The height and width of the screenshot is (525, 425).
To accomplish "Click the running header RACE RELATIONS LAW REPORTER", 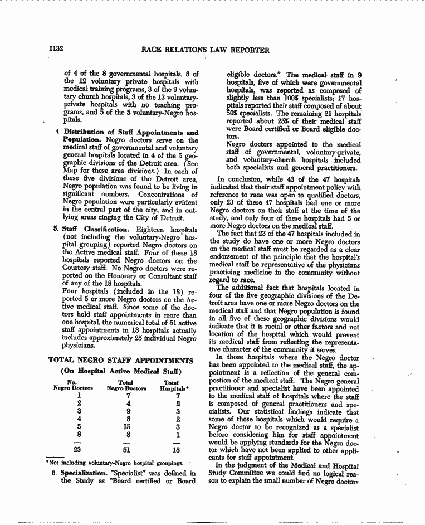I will pyautogui.click(x=206, y=50).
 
